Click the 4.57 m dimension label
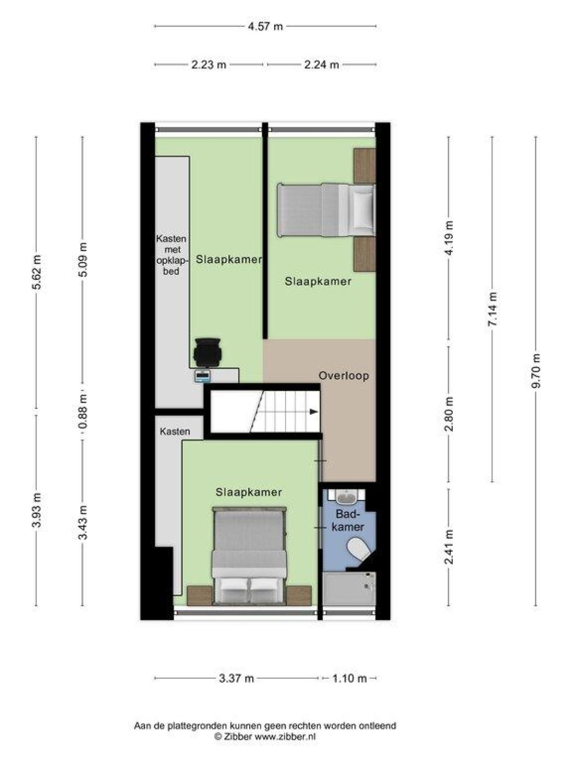(265, 26)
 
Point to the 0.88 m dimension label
(82, 411)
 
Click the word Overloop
(344, 376)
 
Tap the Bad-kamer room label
(348, 521)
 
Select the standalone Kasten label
(174, 431)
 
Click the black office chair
(207, 352)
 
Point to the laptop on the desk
(203, 376)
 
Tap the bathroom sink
(346, 498)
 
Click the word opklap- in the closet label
(172, 260)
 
